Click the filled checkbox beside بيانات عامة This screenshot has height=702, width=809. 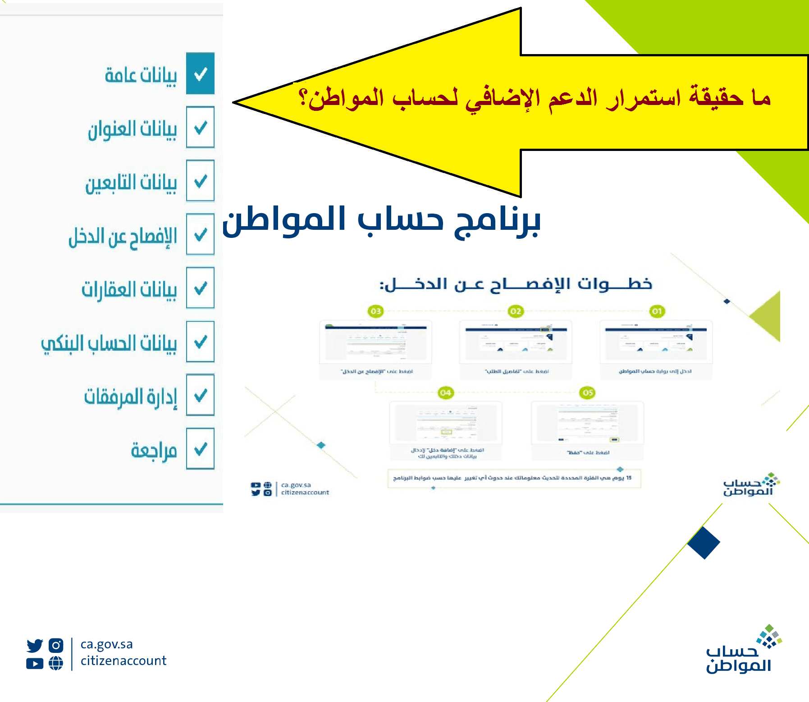(201, 74)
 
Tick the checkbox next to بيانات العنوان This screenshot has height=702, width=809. (201, 128)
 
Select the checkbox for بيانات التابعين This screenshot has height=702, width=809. (201, 181)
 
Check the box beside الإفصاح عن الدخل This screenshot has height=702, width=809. (201, 235)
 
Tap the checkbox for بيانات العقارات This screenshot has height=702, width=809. (201, 288)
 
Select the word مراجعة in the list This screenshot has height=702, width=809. (154, 450)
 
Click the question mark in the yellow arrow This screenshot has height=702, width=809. (304, 98)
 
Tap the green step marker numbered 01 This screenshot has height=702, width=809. (657, 311)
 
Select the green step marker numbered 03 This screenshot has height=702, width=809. (375, 311)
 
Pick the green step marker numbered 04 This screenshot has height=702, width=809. (445, 393)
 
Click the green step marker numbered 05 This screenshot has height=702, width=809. (588, 393)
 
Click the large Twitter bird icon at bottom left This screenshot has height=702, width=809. (35, 646)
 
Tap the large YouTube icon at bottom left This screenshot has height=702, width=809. (35, 663)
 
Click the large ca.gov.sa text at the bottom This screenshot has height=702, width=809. (106, 644)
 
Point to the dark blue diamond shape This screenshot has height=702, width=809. (704, 542)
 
